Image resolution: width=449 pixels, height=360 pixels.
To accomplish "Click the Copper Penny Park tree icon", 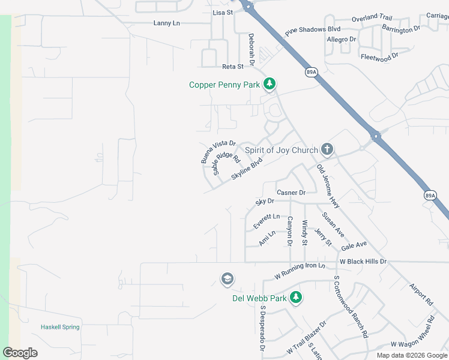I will point(270,85).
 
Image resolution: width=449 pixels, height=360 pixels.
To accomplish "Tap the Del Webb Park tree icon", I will point(295,298).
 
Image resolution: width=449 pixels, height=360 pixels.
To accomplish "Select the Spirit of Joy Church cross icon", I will point(327,149).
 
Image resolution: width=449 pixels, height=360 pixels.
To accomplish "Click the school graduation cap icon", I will point(227,279).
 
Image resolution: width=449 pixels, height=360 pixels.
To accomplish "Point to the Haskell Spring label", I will point(60,327).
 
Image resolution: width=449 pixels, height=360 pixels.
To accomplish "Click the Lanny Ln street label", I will point(167,23).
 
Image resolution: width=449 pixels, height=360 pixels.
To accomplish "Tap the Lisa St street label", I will point(222,12).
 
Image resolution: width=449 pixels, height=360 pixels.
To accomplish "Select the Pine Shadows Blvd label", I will point(313,29).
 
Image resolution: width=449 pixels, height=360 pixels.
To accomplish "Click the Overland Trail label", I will point(372,19).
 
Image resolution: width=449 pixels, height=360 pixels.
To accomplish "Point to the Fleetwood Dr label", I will point(379,57).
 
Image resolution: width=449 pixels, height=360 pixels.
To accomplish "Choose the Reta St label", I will point(232,67).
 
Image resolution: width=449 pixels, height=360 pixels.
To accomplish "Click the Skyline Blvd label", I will point(247,169).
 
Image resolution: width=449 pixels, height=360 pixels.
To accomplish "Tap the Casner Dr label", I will point(291,193).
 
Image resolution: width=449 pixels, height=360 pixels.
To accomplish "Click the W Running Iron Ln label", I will point(300,271).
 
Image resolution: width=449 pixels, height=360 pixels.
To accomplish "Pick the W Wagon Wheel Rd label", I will point(419,344).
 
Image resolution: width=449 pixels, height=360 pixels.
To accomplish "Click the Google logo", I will point(20,353).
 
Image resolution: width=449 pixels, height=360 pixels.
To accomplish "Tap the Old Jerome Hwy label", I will point(328,187).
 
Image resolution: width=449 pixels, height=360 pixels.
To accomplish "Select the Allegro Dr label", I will point(342,40).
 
